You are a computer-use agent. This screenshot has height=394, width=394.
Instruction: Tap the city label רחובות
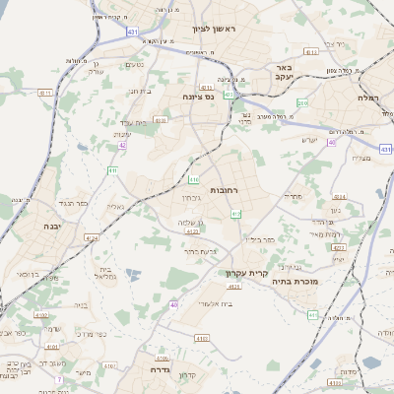pyautogui.click(x=225, y=189)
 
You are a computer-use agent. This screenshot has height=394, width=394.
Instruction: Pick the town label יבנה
pyautogui.click(x=50, y=226)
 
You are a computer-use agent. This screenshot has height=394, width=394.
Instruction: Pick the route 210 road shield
pyautogui.click(x=302, y=102)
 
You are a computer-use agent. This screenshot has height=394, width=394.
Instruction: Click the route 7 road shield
pyautogui.click(x=58, y=378)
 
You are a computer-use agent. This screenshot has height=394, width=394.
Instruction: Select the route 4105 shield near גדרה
pyautogui.click(x=163, y=359)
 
